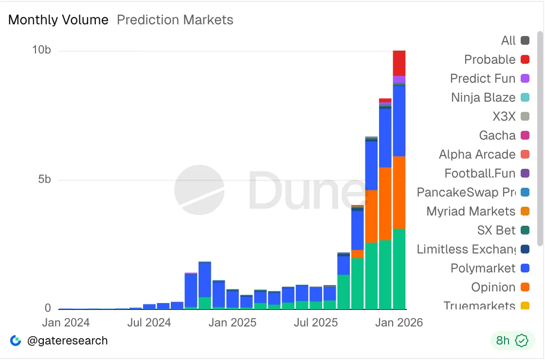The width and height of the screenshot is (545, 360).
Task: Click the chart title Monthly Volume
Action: (x=58, y=20)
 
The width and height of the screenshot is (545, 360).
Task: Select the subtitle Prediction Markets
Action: (x=175, y=20)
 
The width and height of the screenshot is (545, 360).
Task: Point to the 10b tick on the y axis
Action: (x=41, y=50)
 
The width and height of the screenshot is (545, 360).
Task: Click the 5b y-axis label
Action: (x=45, y=180)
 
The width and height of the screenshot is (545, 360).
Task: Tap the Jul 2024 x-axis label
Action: (x=150, y=323)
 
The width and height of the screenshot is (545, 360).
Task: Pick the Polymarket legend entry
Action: (x=483, y=268)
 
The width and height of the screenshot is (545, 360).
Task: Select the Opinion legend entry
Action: (x=493, y=287)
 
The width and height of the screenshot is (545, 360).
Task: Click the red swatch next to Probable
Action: (x=525, y=59)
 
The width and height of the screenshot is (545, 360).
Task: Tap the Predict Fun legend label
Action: (x=483, y=78)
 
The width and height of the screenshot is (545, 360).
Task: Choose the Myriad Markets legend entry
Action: (x=471, y=211)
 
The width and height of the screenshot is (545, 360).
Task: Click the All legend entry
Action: (x=509, y=40)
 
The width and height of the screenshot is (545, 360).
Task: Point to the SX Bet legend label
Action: (x=496, y=230)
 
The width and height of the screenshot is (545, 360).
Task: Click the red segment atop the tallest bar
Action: (x=400, y=63)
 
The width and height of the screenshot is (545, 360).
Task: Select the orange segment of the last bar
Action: (x=400, y=192)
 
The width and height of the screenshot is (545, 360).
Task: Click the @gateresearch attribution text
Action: (x=68, y=341)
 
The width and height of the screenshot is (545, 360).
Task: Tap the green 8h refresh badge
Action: (x=512, y=341)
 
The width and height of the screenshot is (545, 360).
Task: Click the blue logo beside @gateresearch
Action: (x=16, y=341)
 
